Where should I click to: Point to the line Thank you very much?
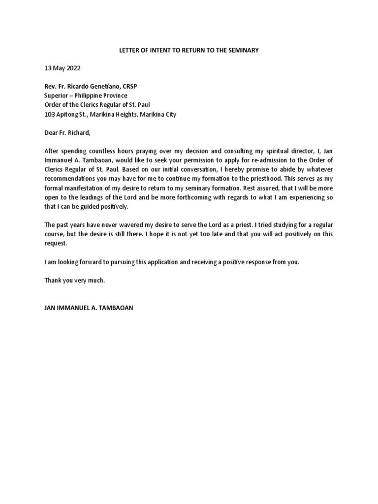click(75, 281)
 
